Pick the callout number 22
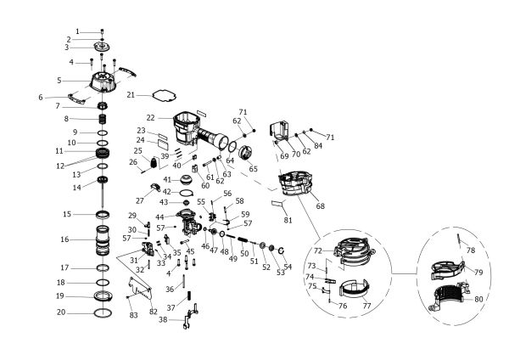[149, 118]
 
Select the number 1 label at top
[77, 31]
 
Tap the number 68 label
[320, 205]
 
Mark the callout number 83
[132, 315]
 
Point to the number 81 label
[288, 220]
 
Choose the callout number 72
[316, 252]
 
